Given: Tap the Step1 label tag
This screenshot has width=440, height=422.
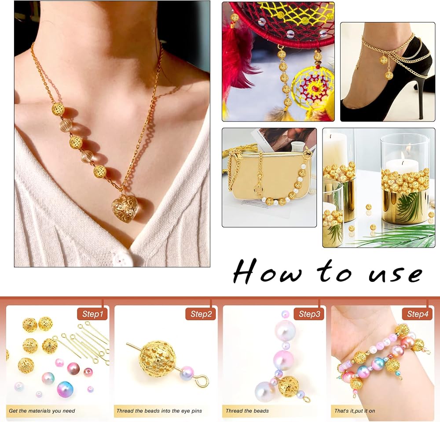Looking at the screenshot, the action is click(x=92, y=314).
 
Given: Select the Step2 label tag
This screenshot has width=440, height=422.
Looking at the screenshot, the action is click(x=201, y=314).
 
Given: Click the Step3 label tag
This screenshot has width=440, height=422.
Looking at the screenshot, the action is click(x=309, y=314).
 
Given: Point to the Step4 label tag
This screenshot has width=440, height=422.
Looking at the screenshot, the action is click(x=418, y=314).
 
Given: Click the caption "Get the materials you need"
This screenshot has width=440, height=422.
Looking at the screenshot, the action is click(x=42, y=411).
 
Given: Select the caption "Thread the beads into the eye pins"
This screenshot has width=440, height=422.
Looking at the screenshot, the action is click(x=159, y=411).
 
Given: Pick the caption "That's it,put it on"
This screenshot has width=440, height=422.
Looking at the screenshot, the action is click(x=355, y=411).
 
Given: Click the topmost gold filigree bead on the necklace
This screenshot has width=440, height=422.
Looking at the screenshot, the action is click(x=58, y=109).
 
